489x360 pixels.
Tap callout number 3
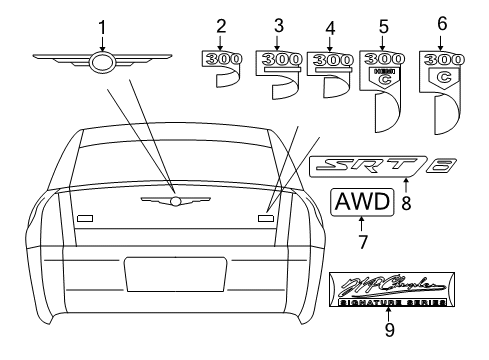[x=279, y=24]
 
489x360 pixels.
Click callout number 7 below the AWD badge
[x=361, y=240]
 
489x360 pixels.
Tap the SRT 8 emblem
[x=383, y=164]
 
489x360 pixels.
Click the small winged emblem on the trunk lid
[x=174, y=201]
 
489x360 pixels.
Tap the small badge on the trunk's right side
[x=266, y=215]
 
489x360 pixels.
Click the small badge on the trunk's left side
[x=84, y=216]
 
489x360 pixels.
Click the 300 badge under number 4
[x=329, y=60]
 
